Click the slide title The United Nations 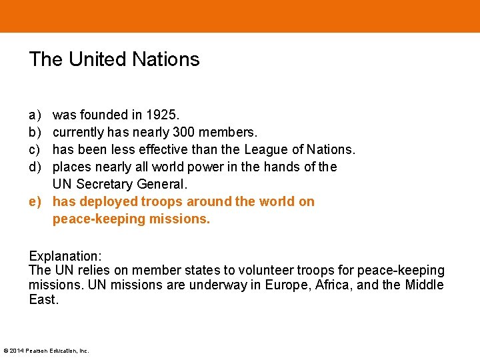point(114,59)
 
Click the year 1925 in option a point(163,115)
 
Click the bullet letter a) point(35,115)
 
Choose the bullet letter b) point(35,132)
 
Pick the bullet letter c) point(35,149)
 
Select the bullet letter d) point(35,167)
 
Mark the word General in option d point(165,184)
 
